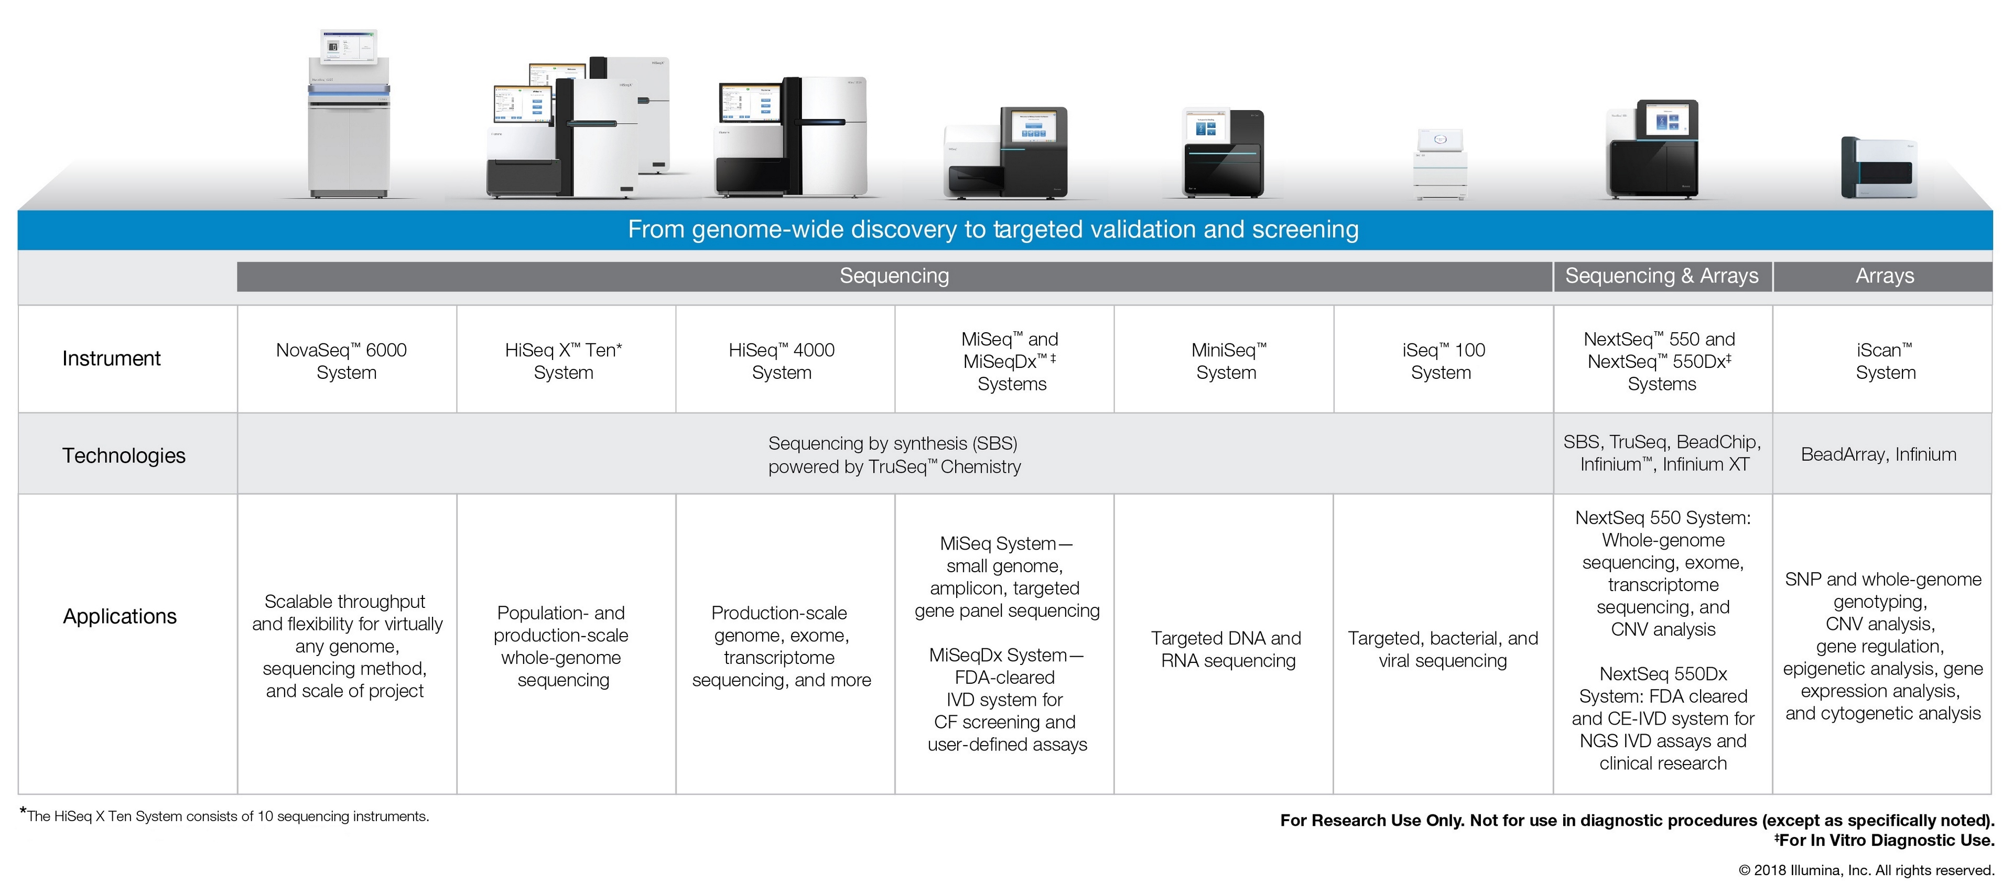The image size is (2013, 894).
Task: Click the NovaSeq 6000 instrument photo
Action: tap(349, 117)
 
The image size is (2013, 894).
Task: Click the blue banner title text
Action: tap(992, 230)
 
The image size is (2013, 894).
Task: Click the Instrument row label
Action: tap(111, 358)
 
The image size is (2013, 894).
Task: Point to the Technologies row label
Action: tap(124, 455)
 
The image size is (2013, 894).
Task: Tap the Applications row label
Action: tap(120, 617)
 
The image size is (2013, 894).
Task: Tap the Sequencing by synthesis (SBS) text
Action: tap(892, 444)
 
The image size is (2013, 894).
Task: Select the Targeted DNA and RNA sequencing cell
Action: tap(1227, 649)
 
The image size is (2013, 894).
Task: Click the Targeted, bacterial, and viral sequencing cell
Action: tap(1443, 649)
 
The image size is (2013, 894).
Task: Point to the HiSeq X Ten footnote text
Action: tap(226, 816)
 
